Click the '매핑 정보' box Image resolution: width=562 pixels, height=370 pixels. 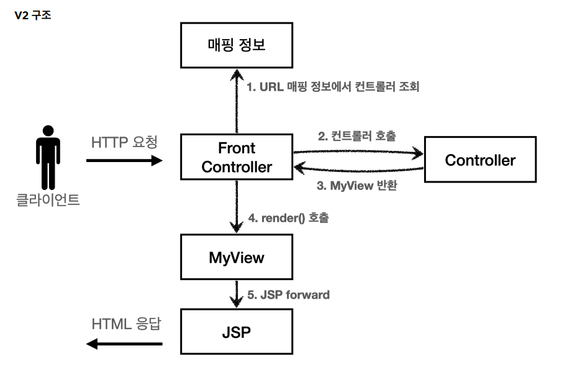[x=237, y=45]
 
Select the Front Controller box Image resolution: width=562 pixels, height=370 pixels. [x=237, y=157]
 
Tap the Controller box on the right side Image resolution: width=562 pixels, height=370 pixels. [x=480, y=160]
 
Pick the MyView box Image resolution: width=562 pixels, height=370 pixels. [x=237, y=257]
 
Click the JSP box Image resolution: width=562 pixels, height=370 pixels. [x=237, y=332]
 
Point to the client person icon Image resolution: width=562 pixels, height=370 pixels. [x=48, y=157]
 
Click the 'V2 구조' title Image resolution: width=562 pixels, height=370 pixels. [x=33, y=16]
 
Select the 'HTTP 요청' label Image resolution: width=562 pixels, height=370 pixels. [x=124, y=142]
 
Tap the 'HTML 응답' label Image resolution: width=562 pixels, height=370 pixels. [x=126, y=324]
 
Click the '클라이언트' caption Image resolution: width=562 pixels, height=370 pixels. [x=48, y=200]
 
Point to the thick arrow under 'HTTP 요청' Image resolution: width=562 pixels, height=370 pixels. [x=124, y=160]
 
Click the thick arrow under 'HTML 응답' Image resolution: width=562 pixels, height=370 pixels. [x=124, y=344]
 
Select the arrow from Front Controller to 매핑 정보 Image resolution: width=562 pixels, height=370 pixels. [x=237, y=101]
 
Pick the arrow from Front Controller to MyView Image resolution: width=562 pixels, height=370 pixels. [x=237, y=207]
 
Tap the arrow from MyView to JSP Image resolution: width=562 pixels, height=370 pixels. [x=237, y=294]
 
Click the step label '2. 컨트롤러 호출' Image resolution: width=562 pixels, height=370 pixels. [x=357, y=136]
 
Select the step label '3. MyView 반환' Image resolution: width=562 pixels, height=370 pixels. [x=357, y=186]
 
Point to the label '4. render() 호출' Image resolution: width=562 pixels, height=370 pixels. [x=289, y=218]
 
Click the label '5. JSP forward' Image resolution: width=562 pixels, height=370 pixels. [x=289, y=295]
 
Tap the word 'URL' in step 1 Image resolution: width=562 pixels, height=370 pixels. [x=271, y=87]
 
